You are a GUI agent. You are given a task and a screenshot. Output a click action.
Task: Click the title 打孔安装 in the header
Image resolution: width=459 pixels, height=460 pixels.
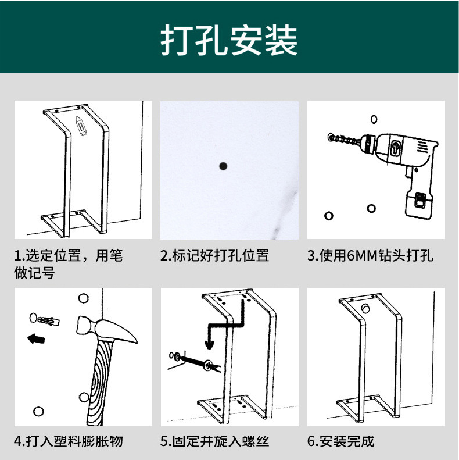pos(229,40)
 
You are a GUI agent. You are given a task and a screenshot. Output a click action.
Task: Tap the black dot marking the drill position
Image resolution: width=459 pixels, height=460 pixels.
pos(223,166)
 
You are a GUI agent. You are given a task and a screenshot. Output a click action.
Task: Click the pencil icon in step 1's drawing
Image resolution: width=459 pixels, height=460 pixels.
pos(81,126)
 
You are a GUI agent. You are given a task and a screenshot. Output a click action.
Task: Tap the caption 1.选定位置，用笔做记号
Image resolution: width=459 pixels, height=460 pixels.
pos(69,263)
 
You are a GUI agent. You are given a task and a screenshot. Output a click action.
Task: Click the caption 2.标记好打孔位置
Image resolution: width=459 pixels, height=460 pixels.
pos(214,256)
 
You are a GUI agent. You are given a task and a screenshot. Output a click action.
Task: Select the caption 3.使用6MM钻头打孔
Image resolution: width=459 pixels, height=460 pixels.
pos(370,256)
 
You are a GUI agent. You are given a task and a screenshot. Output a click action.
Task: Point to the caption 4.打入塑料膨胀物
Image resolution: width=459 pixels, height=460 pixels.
pos(69,441)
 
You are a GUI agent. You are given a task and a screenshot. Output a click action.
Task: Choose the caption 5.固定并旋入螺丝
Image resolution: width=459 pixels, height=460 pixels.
pos(214,441)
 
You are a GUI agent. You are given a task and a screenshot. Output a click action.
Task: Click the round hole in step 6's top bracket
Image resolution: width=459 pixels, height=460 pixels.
pos(365,308)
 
